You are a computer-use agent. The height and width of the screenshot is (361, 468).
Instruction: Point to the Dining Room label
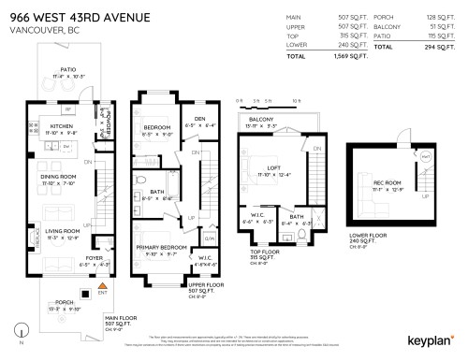point(58,175)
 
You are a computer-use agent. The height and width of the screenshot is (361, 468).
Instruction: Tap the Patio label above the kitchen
point(67,69)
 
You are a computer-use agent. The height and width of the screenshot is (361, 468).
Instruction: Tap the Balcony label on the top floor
point(261,120)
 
